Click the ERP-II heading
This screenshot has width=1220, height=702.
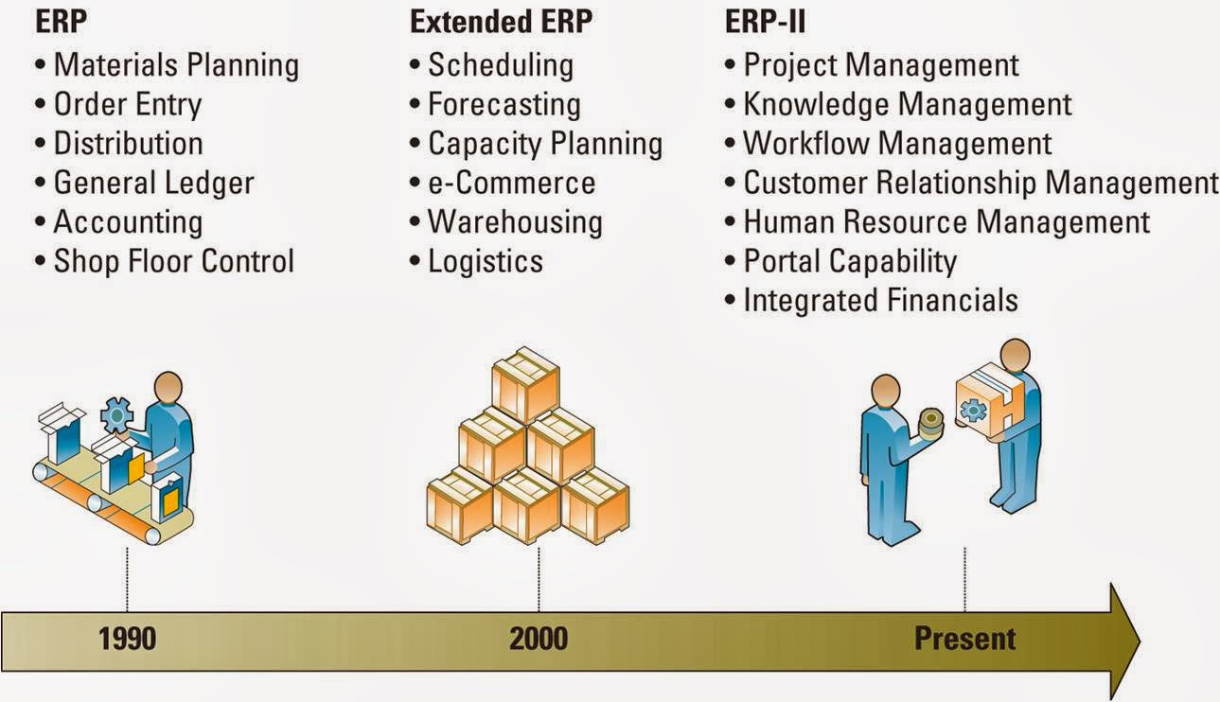point(765,23)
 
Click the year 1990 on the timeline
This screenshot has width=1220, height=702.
point(127,639)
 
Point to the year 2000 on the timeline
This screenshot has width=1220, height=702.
point(539,639)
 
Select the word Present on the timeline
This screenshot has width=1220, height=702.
point(964,639)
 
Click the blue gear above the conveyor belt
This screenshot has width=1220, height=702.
point(117,414)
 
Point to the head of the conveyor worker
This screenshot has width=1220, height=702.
point(168,388)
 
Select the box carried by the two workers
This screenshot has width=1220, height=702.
point(984,402)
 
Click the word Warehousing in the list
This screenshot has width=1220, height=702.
point(515,221)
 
